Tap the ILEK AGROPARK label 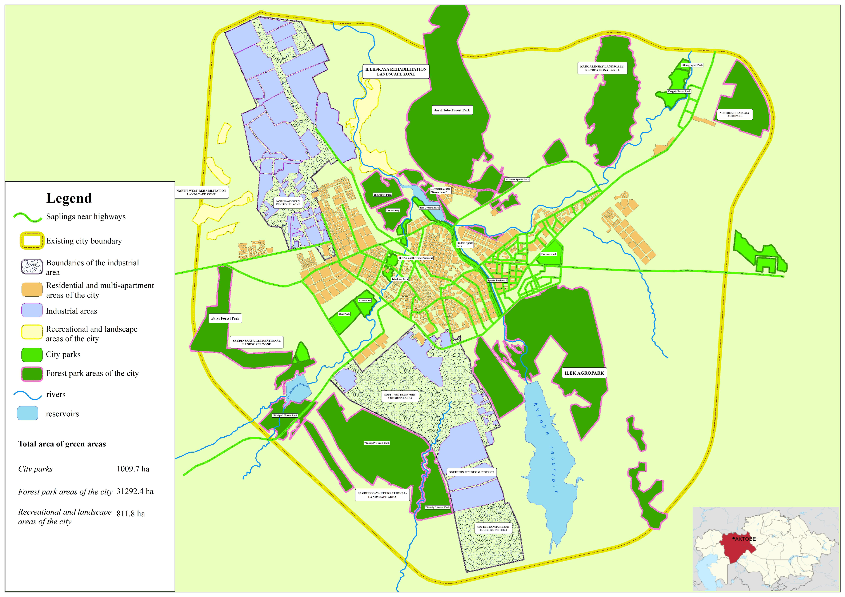coord(584,373)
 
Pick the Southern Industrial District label coord(471,472)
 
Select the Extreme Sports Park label coord(517,179)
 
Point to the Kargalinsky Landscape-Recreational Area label coord(602,68)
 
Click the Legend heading coord(69,198)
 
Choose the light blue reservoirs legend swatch coord(28,413)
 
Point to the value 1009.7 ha coord(133,469)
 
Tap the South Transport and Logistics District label coord(493,528)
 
